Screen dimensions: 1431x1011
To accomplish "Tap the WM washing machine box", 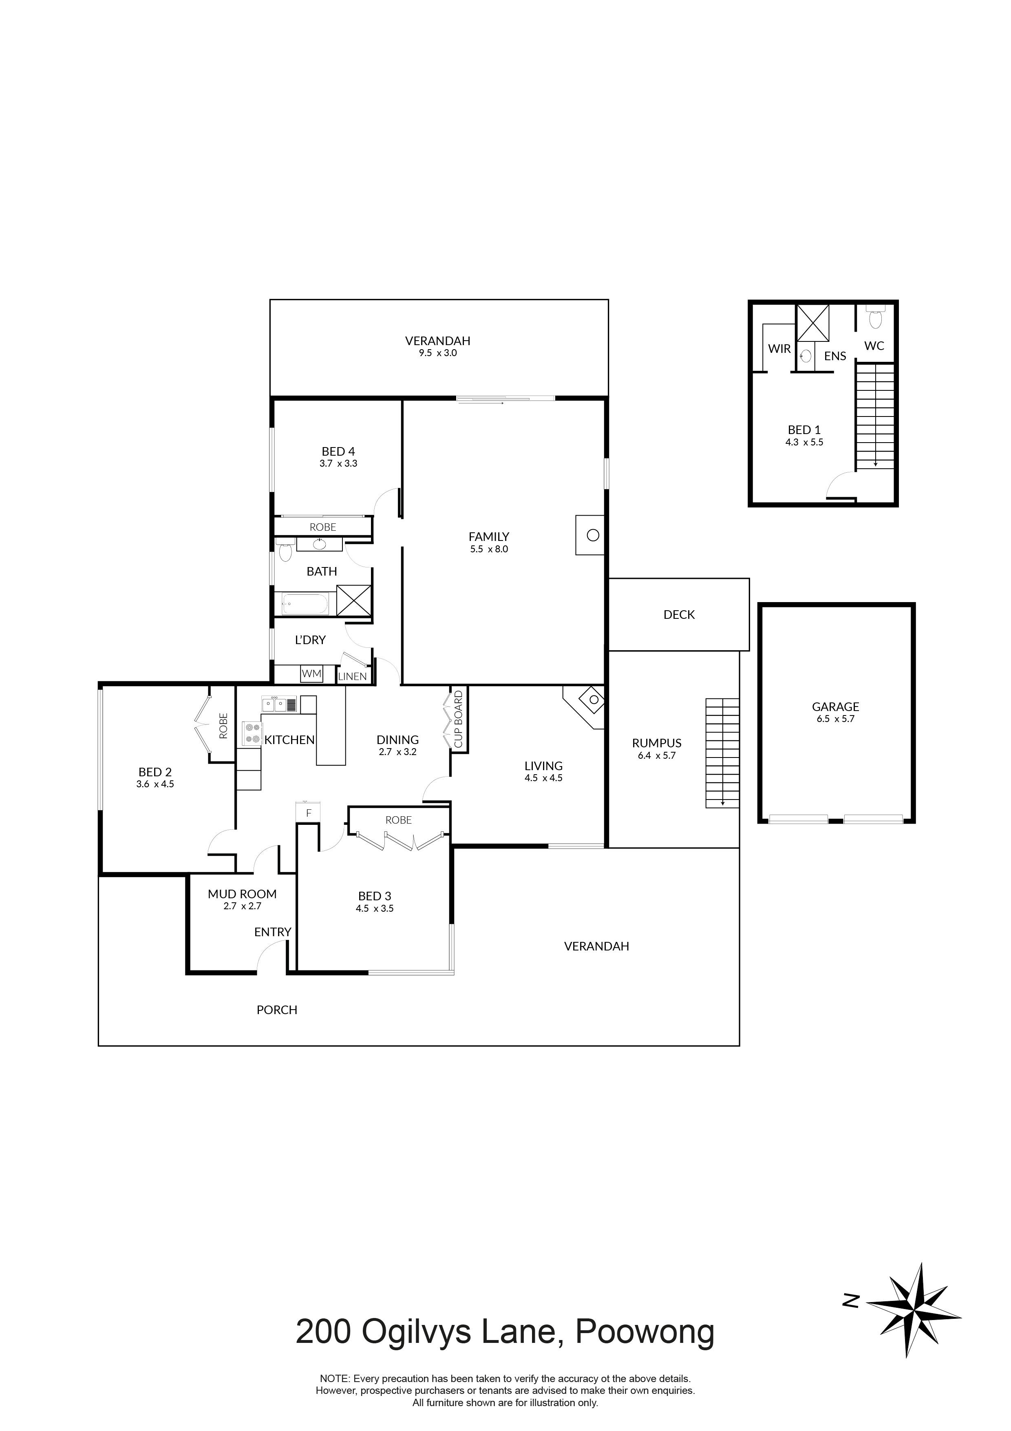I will click(311, 674).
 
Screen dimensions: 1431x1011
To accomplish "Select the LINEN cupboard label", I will click(353, 676).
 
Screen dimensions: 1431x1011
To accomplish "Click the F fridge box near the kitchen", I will click(308, 813).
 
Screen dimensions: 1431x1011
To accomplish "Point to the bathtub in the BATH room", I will click(305, 604).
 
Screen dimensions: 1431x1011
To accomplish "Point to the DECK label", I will click(679, 614).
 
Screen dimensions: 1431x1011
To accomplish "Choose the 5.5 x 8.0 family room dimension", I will click(489, 549).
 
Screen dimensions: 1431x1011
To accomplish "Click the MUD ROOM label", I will click(242, 894).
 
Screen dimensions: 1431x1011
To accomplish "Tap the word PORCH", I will click(277, 1010).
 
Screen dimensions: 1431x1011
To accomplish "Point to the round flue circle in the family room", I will click(593, 535).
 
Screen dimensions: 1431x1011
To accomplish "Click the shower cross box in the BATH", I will click(354, 601).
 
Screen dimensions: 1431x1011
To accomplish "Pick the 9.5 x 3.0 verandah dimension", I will click(437, 353).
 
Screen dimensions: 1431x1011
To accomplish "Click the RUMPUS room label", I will click(657, 743).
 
